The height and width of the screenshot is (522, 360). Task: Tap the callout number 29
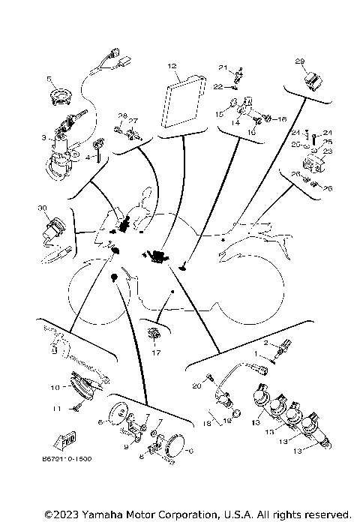pyautogui.click(x=299, y=61)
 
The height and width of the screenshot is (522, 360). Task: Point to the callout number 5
pyautogui.click(x=50, y=78)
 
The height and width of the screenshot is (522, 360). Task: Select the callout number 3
pyautogui.click(x=43, y=138)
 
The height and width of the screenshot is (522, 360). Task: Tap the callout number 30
pyautogui.click(x=41, y=208)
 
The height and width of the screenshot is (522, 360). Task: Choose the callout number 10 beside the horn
pyautogui.click(x=54, y=388)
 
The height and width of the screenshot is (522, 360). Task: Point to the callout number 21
pyautogui.click(x=222, y=67)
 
